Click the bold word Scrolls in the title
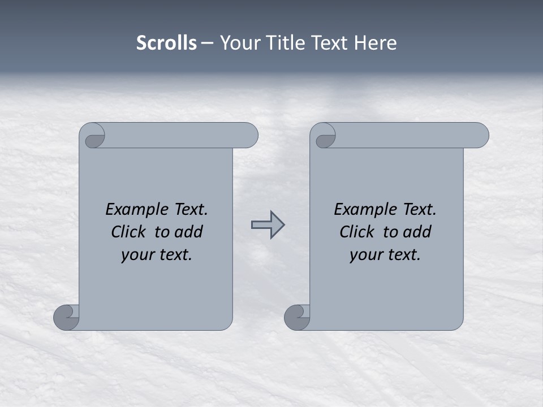(166, 43)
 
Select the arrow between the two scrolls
(268, 224)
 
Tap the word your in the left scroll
(137, 255)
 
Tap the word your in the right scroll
(366, 255)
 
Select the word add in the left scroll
(189, 232)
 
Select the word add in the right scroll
(418, 232)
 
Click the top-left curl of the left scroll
(93, 136)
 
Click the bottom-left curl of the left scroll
(66, 317)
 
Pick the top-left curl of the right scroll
(324, 136)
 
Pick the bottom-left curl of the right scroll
(297, 317)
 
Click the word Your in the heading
(238, 43)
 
